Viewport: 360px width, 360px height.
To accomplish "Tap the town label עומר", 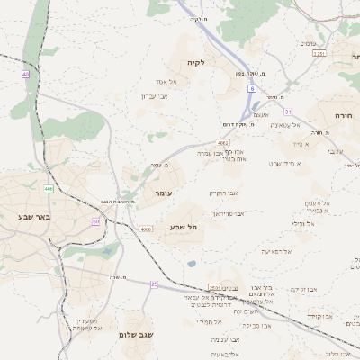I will (x=163, y=193).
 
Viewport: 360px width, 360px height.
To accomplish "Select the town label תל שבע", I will (x=184, y=227).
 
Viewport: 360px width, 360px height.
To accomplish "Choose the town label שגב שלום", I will (x=137, y=335).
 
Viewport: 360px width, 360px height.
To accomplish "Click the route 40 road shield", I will (x=26, y=74).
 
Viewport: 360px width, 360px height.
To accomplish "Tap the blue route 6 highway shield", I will (x=253, y=89).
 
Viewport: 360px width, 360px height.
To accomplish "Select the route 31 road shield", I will (x=288, y=111).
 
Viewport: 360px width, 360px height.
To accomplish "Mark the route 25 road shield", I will (x=154, y=284).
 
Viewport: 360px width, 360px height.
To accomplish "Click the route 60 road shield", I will (x=95, y=220).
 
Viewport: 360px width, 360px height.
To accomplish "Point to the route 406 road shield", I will (x=48, y=189).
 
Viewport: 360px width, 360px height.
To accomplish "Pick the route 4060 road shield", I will (x=146, y=229).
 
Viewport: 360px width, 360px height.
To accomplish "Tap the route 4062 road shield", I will (x=223, y=142).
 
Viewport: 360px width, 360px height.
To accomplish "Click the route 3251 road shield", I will (x=319, y=54).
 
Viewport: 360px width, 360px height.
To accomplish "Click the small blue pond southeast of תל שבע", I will (x=192, y=264).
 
